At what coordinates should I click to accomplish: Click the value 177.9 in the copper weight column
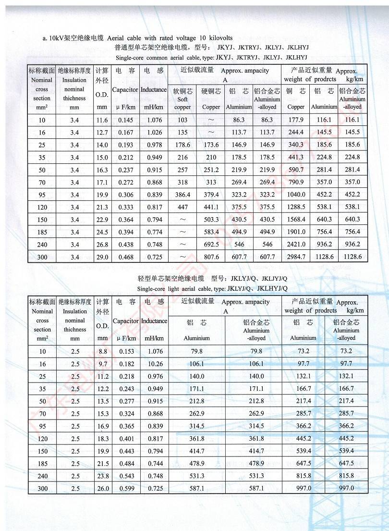(x=296, y=120)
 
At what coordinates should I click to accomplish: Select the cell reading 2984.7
(x=296, y=257)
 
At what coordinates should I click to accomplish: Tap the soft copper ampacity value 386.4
(x=182, y=195)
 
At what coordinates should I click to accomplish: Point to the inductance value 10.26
(x=154, y=364)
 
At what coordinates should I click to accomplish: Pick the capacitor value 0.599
(x=126, y=488)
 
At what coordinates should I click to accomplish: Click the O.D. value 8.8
(x=103, y=351)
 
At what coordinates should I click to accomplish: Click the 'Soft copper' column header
(x=182, y=99)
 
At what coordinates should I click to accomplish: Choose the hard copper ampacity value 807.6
(x=211, y=257)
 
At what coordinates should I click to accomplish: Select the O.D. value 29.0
(x=102, y=257)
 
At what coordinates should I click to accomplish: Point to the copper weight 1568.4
(x=296, y=220)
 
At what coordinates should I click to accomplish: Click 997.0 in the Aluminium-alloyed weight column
(x=346, y=488)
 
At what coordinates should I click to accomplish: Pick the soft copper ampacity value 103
(x=182, y=120)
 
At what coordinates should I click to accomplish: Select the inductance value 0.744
(x=154, y=463)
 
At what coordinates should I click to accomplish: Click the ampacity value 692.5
(x=211, y=245)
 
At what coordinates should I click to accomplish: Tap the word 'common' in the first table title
(x=168, y=57)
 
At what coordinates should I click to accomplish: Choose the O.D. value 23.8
(x=103, y=476)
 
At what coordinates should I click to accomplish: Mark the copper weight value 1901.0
(x=296, y=232)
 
